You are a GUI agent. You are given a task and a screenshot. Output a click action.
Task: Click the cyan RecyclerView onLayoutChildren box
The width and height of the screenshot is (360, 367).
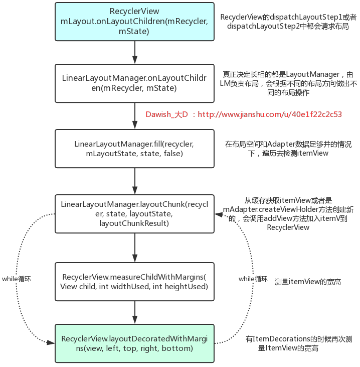tap(135, 22)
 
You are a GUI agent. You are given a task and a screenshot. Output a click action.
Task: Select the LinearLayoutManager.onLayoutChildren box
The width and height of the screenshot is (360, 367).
tap(135, 83)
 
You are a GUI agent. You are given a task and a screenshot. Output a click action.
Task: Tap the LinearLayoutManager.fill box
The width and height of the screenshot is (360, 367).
tap(135, 149)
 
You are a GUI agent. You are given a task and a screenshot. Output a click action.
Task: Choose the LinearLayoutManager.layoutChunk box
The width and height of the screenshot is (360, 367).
tap(135, 214)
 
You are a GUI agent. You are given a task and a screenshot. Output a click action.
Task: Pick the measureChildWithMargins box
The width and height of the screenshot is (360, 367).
tap(135, 282)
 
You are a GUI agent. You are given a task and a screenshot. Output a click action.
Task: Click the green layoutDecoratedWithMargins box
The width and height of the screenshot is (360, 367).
tap(135, 343)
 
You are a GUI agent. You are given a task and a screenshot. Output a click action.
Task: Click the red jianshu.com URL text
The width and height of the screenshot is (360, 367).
tap(270, 114)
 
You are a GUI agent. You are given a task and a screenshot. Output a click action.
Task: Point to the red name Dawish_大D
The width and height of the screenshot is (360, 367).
tap(166, 114)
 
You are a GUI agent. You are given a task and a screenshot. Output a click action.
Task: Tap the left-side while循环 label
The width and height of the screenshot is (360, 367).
tap(17, 279)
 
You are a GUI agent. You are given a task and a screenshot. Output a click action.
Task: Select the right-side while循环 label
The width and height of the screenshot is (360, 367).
tap(253, 279)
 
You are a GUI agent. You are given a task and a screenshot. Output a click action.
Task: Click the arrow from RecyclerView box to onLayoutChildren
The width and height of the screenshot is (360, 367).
tap(135, 52)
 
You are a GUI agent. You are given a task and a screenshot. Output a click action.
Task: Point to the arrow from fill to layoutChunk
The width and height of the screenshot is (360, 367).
tap(135, 181)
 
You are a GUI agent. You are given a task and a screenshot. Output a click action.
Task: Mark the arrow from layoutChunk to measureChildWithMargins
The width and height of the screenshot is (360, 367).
tap(135, 248)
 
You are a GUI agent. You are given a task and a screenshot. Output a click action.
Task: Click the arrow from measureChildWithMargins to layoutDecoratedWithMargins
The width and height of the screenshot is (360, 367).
tap(135, 312)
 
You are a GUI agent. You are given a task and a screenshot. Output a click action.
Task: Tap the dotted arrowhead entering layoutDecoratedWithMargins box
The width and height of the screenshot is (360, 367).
tap(51, 343)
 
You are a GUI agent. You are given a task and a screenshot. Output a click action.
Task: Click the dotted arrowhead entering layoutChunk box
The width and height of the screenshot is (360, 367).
tap(219, 214)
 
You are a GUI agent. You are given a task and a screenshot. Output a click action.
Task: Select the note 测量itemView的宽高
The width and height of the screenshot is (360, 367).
tap(308, 282)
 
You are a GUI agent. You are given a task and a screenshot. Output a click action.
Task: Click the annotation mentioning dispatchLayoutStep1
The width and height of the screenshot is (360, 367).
tap(288, 22)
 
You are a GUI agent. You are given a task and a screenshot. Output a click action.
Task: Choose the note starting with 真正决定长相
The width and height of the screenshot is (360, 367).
tap(288, 83)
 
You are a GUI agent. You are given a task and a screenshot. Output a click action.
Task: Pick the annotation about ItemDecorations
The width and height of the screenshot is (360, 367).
tap(299, 343)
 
